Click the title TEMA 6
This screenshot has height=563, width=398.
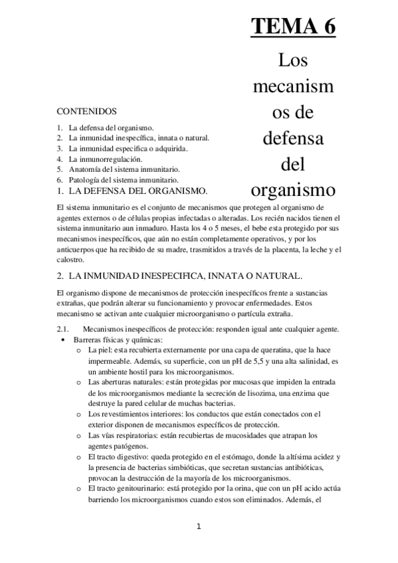[293, 28]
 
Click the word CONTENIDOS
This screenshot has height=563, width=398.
[86, 112]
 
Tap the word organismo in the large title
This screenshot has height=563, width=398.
[292, 190]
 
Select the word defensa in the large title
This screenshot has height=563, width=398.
[292, 139]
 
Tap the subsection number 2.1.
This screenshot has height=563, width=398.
[63, 330]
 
